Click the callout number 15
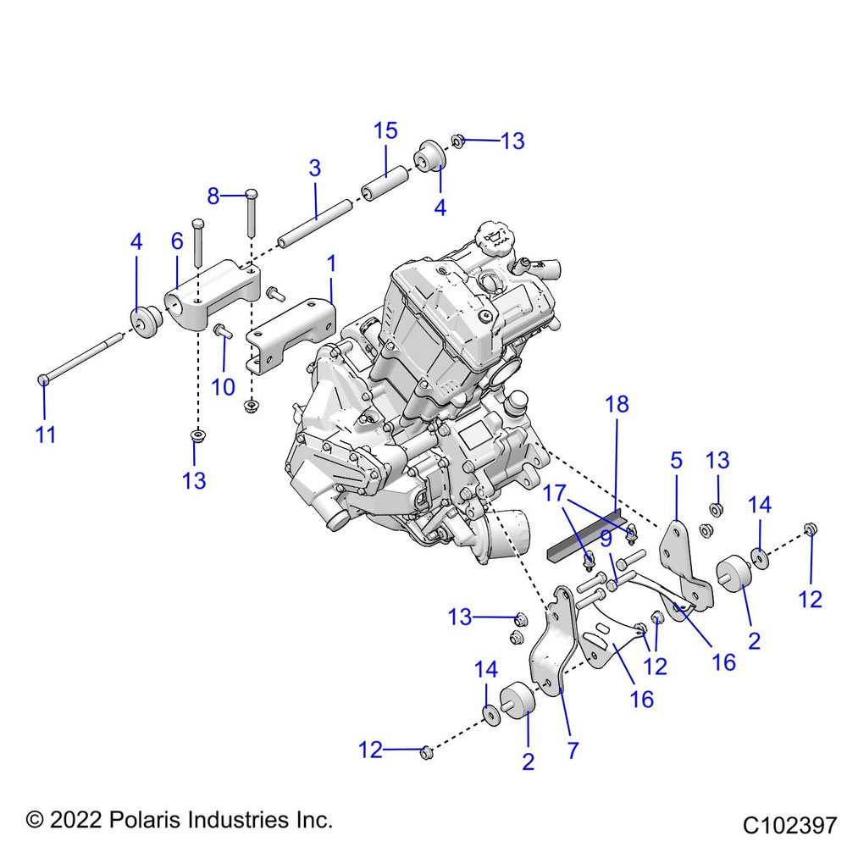(x=385, y=131)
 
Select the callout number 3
(x=315, y=168)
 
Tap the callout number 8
(x=213, y=197)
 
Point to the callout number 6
(x=177, y=241)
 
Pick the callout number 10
(x=223, y=387)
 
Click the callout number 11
(x=46, y=435)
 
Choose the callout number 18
(x=617, y=405)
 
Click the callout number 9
(x=606, y=540)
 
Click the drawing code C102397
(x=789, y=823)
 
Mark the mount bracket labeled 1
(x=292, y=335)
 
